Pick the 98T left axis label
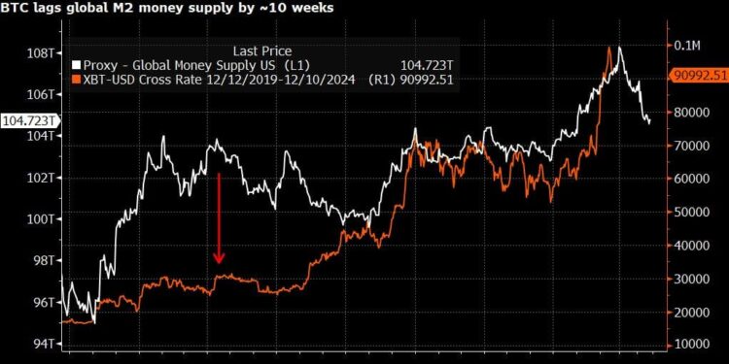coord(43,261)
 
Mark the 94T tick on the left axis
coord(43,344)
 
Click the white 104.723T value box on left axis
coord(29,120)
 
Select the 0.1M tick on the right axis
coord(686,45)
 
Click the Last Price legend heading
coord(261,50)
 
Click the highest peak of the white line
coord(619,48)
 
